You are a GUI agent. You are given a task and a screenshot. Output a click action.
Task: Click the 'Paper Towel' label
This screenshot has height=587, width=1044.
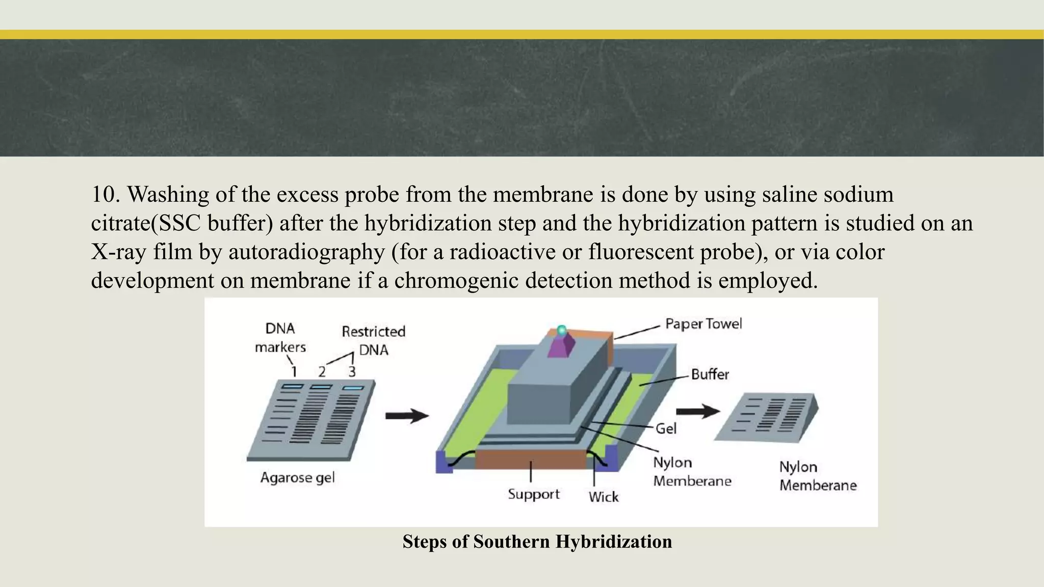(703, 324)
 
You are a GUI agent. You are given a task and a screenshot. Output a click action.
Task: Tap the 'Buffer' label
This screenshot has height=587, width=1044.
(710, 375)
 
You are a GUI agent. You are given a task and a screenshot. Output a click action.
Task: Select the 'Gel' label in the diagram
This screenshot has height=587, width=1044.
(666, 429)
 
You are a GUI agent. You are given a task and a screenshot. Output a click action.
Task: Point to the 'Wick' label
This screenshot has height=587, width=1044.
(604, 497)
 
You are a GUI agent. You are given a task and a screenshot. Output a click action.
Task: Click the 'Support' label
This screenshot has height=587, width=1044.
(533, 494)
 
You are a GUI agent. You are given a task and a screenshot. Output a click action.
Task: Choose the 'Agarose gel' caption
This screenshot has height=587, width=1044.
(297, 478)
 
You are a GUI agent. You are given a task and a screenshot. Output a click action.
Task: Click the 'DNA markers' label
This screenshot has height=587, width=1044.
(280, 338)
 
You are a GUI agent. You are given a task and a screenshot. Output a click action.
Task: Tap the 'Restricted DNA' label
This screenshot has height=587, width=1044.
(373, 340)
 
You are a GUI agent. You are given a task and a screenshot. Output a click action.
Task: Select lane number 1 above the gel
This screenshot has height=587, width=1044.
(294, 371)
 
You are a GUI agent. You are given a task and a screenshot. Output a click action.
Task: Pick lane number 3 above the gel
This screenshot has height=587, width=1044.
(352, 371)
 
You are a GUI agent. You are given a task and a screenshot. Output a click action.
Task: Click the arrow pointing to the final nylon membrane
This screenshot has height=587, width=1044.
(697, 411)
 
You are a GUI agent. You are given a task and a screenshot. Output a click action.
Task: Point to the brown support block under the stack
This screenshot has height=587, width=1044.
(530, 459)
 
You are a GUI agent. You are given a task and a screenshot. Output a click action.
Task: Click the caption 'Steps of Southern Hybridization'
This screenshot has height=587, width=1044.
(537, 541)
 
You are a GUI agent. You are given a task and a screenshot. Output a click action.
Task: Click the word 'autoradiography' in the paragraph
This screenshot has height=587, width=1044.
(306, 252)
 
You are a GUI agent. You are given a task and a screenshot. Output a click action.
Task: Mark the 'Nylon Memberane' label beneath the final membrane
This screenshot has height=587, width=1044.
(818, 476)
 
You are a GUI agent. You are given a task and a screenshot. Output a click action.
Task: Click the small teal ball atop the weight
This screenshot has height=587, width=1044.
(562, 330)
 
